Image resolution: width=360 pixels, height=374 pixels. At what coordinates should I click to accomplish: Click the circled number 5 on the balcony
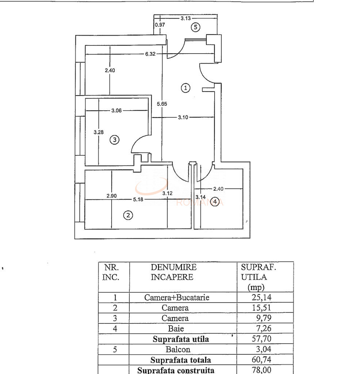click(x=196, y=27)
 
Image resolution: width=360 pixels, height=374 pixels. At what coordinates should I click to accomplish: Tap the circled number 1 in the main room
click(x=186, y=88)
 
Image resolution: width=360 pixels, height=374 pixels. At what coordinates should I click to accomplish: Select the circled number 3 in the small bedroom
click(x=115, y=140)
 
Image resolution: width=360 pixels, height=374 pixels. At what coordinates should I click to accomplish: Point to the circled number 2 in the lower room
click(x=128, y=215)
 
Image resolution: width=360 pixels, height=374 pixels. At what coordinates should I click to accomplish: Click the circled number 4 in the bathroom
click(x=216, y=202)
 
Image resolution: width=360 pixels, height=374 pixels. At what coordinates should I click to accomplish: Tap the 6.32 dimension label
click(x=150, y=54)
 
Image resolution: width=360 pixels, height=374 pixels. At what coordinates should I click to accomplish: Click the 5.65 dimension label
click(x=162, y=104)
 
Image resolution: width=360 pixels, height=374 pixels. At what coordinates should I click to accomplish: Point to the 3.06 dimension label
click(x=116, y=111)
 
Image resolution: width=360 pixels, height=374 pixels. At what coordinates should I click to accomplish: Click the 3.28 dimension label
click(x=98, y=132)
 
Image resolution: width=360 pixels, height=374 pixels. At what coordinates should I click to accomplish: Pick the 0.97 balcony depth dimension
click(x=160, y=25)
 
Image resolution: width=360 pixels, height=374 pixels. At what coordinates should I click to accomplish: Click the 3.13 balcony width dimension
click(x=185, y=18)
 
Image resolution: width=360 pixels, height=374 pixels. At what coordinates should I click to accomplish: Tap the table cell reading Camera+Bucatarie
click(x=177, y=297)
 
